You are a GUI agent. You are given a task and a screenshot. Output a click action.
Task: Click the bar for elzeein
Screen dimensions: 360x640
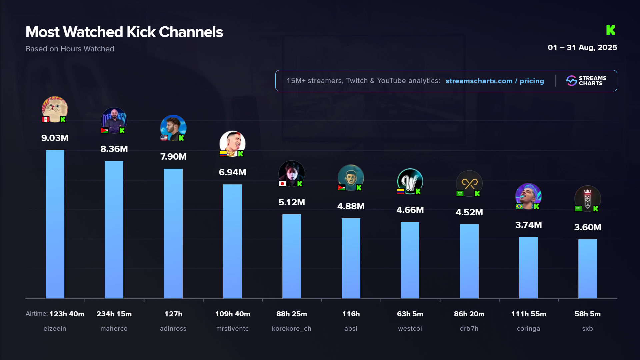(55, 224)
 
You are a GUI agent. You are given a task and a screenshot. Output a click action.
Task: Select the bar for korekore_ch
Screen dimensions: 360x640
(291, 256)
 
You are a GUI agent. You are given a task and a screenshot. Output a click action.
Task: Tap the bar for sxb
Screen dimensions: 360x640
(587, 269)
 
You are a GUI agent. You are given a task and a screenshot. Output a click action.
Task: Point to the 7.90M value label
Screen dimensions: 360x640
(173, 157)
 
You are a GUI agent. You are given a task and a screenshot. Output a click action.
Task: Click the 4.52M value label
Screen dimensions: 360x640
(469, 212)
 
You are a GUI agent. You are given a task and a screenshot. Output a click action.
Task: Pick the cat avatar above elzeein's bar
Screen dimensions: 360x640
(55, 108)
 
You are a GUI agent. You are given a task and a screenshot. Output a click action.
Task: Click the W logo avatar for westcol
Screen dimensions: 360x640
(410, 181)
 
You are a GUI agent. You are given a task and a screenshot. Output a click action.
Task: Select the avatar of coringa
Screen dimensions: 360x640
(528, 196)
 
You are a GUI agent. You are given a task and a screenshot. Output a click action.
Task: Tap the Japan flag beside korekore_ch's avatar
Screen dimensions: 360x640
(282, 184)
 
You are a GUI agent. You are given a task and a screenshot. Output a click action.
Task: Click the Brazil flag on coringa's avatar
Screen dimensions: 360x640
(519, 206)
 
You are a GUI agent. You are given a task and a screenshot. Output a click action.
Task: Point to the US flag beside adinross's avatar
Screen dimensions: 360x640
(164, 138)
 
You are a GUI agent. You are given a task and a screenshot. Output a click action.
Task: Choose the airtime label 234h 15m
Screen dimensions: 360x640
(114, 314)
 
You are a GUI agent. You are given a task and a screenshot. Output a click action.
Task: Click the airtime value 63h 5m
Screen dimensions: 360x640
(410, 314)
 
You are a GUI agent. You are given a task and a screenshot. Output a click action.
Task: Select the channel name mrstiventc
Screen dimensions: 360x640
(232, 329)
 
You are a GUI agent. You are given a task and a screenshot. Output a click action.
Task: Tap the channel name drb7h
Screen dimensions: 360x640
(469, 329)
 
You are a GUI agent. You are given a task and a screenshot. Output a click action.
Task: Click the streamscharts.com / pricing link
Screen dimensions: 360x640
(495, 81)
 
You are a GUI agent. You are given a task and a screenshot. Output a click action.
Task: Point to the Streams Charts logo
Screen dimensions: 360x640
(586, 81)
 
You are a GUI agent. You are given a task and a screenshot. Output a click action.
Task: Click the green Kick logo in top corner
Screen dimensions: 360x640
(610, 30)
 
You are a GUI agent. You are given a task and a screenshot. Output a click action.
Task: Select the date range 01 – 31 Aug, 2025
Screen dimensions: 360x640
(582, 48)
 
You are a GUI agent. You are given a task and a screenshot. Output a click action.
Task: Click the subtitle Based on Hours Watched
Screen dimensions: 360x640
(70, 49)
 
